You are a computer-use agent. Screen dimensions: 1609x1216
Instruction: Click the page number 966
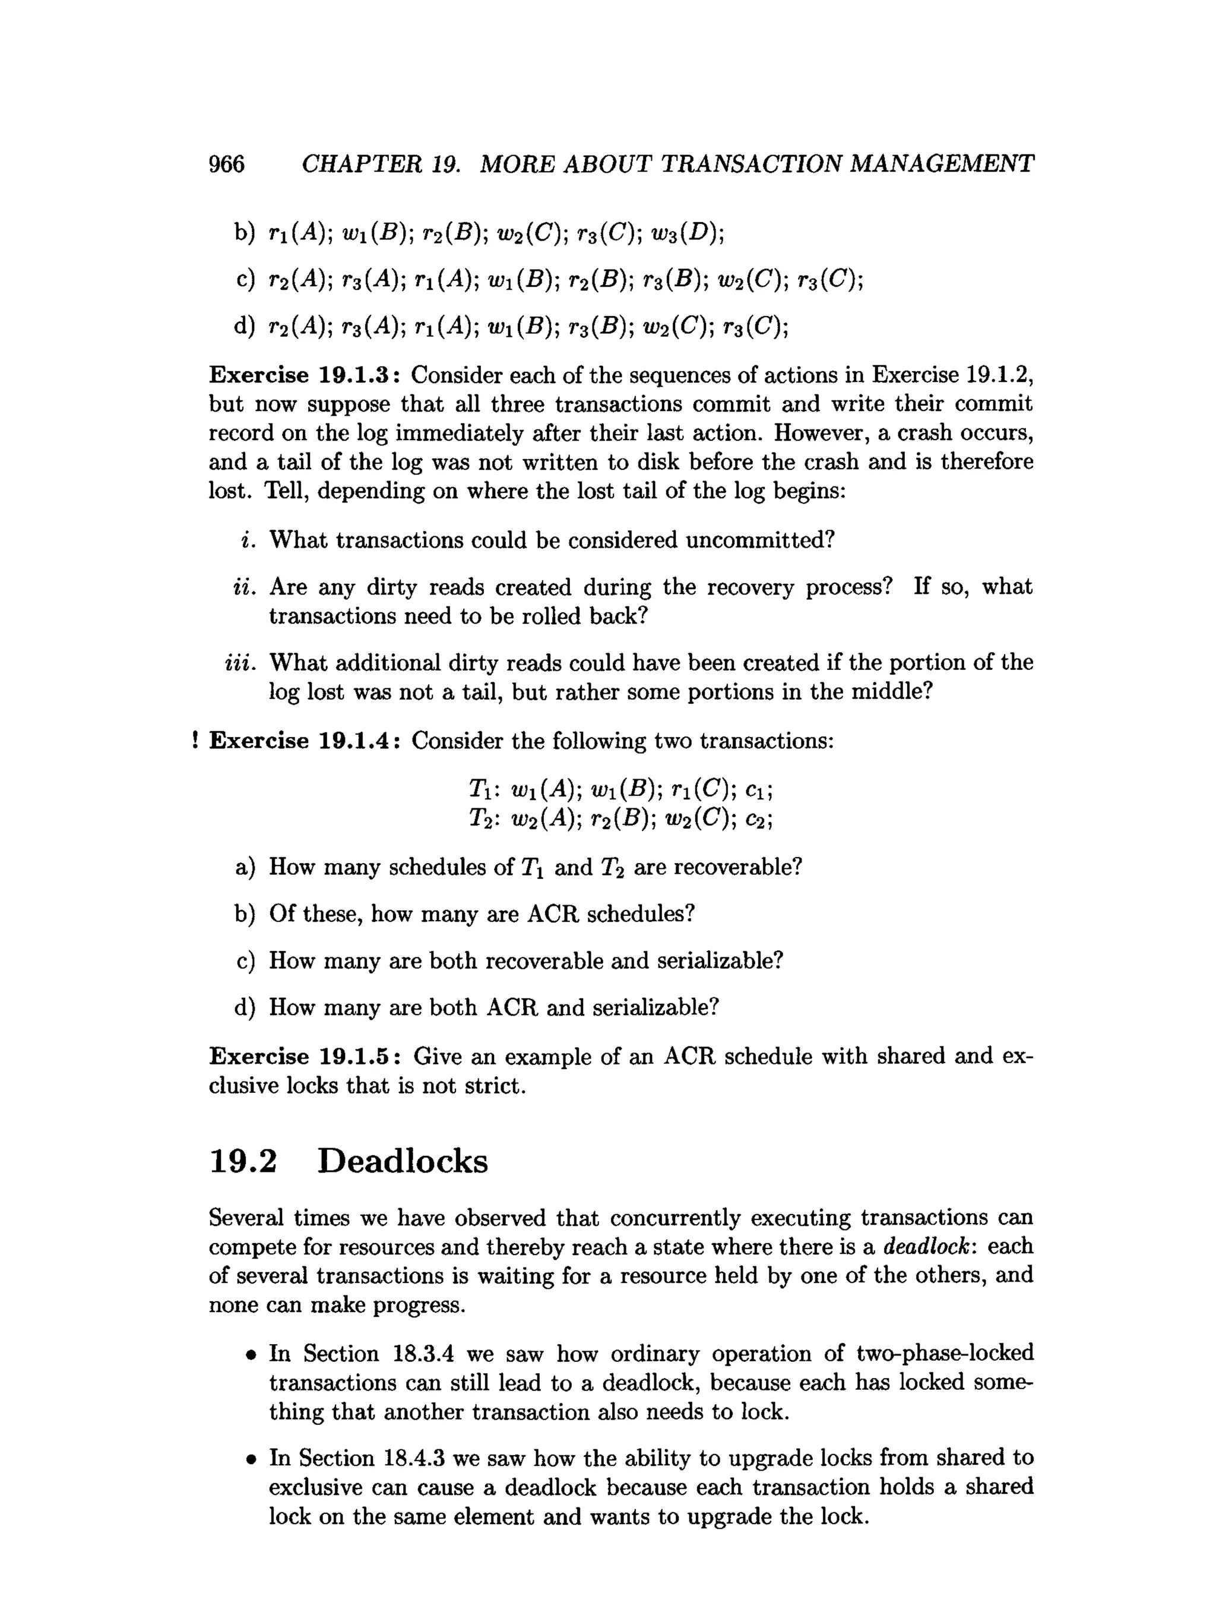[227, 165]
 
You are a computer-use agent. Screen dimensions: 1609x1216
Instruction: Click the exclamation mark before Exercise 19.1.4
[195, 741]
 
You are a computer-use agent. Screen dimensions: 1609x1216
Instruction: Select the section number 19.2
[243, 1161]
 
